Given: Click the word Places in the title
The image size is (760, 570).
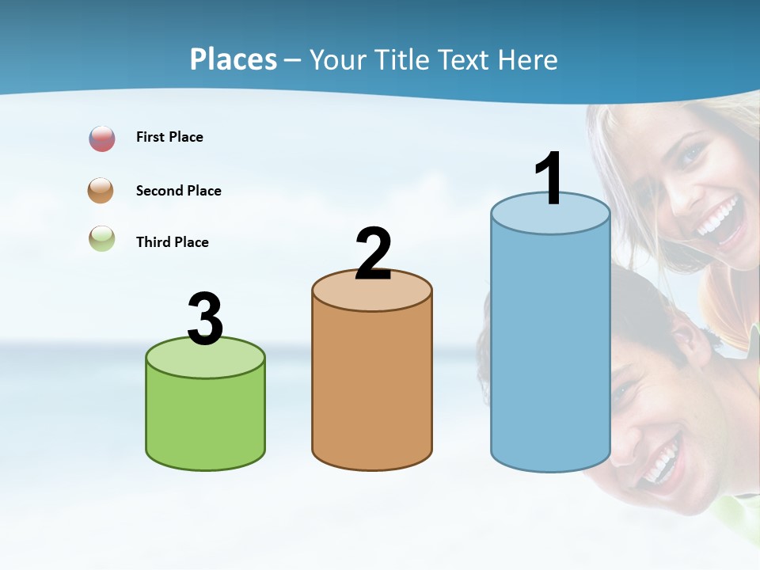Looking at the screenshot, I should [x=233, y=59].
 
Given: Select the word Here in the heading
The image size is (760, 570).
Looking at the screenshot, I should [x=527, y=59].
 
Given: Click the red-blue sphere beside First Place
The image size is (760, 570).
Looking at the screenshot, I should [x=102, y=139].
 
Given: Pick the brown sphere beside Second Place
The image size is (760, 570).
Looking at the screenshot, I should [x=101, y=191].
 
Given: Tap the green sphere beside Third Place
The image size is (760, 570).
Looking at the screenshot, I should [x=101, y=239].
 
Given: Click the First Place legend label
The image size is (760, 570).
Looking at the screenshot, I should [x=169, y=137].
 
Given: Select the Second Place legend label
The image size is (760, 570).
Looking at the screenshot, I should [x=178, y=191].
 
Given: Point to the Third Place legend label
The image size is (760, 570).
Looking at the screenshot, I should [x=172, y=242].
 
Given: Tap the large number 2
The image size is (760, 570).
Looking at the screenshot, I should [x=373, y=254].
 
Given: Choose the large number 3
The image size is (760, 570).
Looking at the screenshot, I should [x=205, y=319].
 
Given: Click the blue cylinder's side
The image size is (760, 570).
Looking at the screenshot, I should [x=550, y=348].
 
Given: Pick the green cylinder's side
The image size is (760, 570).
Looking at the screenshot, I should [x=205, y=420].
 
